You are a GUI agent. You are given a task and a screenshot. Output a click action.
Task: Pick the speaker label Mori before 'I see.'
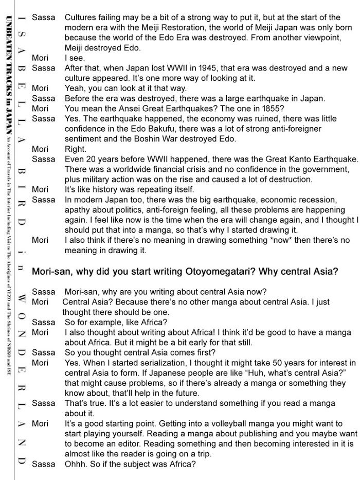tap(40, 58)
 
